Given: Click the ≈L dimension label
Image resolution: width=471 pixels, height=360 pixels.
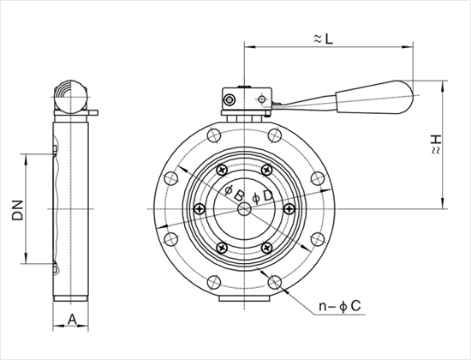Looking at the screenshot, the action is (x=323, y=39).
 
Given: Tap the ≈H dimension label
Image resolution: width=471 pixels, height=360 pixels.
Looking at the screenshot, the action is (x=436, y=145).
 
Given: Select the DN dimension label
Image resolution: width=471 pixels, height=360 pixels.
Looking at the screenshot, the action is (x=18, y=210).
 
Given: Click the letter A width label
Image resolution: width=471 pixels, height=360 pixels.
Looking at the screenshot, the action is (x=72, y=319).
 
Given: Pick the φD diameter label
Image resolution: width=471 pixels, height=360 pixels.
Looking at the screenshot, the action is (x=263, y=197).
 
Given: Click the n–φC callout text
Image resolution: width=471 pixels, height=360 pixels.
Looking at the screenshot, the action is (x=340, y=306).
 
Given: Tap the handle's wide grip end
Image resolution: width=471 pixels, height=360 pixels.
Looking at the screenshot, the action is (x=374, y=97).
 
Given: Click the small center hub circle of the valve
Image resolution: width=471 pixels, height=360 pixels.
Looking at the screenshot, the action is (x=244, y=209).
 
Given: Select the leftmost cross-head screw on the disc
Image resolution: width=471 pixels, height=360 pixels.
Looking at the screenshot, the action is (x=200, y=209).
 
